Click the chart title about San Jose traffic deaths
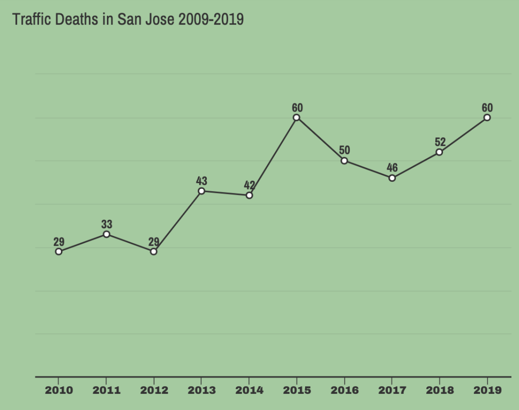pos(128,19)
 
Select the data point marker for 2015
pos(296,118)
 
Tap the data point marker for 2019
pos(487,118)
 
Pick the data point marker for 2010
pos(59,251)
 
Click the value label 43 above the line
pos(202,181)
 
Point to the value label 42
pos(249,185)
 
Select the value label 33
pos(106,224)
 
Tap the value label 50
pos(344,151)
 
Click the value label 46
pos(392,168)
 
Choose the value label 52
pos(439,142)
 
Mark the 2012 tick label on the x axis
pos(154,391)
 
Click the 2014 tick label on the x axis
pos(249,391)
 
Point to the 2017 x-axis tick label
pos(392,391)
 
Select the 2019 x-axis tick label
pos(487,391)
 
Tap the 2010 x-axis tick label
pos(59,391)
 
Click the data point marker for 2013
pos(202,191)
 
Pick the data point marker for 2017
pos(392,178)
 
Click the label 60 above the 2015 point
pos(297,108)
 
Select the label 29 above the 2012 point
pos(154,242)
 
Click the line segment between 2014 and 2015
pos(273,157)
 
